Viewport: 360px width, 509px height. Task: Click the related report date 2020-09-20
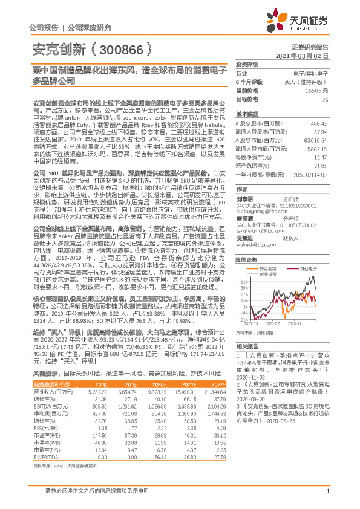(254, 400)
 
